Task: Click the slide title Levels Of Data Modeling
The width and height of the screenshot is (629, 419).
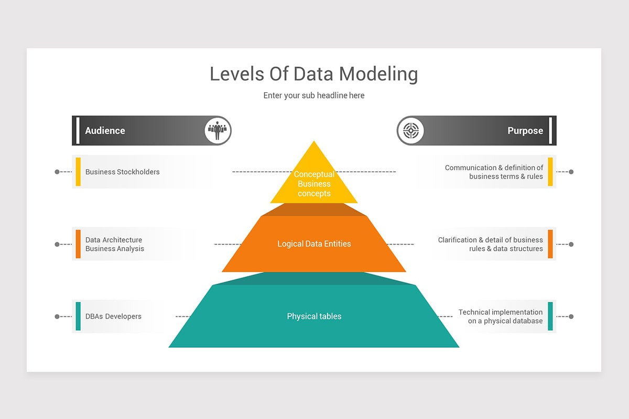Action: tap(313, 74)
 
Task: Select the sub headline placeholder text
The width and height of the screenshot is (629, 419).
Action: tap(313, 95)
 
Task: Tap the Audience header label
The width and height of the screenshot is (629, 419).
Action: tap(105, 130)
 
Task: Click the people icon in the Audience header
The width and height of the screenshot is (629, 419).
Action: tap(218, 130)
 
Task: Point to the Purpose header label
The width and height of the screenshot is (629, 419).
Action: tap(525, 130)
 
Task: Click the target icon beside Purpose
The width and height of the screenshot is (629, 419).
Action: tap(410, 130)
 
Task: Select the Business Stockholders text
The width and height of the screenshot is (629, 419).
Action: tap(122, 172)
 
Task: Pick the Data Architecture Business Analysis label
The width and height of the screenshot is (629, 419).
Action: tap(114, 244)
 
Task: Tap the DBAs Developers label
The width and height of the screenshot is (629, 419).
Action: tap(113, 316)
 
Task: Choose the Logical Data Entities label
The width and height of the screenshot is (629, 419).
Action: tap(314, 244)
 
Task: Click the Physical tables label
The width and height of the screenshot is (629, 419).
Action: tap(314, 316)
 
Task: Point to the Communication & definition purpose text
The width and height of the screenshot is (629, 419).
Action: tap(494, 172)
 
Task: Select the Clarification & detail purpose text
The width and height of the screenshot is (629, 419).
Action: tap(491, 244)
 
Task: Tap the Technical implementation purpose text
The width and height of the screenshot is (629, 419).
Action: tap(501, 316)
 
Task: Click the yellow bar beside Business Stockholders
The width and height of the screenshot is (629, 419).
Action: tap(78, 172)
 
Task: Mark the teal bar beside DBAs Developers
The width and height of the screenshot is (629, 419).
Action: tap(78, 316)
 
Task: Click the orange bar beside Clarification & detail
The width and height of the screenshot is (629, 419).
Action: tap(550, 244)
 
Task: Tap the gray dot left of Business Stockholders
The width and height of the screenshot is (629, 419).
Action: tap(57, 172)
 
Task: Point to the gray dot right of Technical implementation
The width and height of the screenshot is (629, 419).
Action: tap(571, 316)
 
